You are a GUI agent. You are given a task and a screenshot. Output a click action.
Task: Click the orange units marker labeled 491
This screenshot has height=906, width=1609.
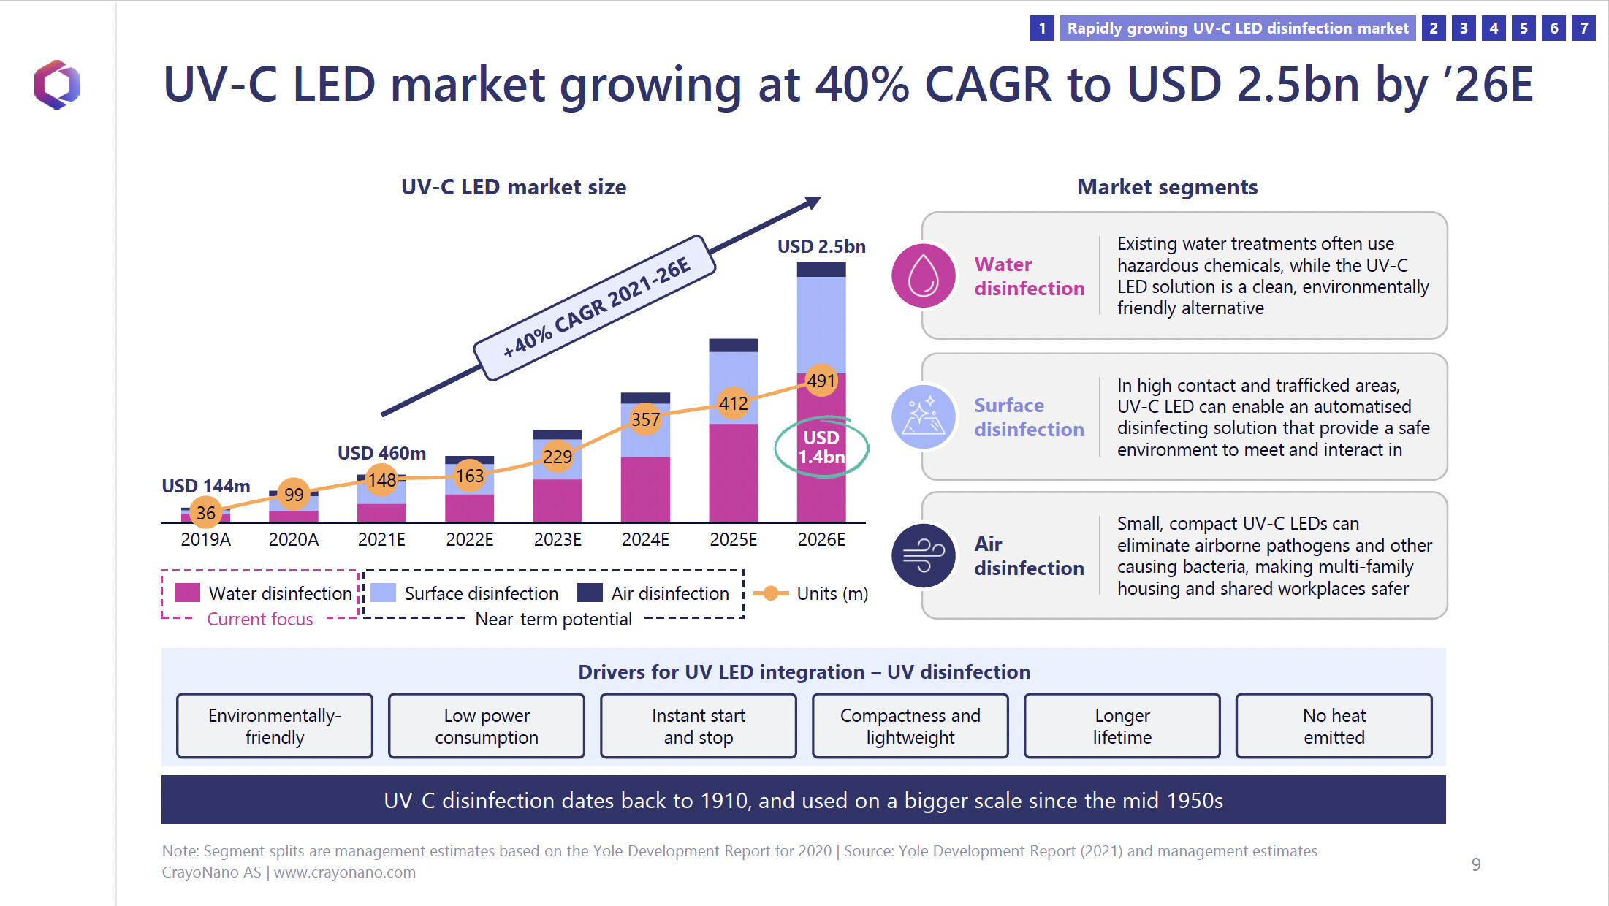pos(821,381)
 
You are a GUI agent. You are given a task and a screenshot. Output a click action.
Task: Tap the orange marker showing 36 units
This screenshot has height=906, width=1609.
pos(206,513)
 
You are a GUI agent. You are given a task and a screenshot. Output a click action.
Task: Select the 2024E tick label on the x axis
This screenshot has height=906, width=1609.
pos(645,540)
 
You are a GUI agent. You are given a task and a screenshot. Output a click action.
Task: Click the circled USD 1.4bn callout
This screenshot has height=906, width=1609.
pos(821,447)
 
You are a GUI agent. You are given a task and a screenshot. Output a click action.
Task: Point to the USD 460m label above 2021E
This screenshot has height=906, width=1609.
pos(381,453)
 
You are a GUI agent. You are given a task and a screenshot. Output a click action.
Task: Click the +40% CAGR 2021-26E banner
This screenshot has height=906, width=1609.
pos(595,308)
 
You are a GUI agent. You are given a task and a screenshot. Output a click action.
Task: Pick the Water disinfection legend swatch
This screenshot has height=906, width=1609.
pos(187,593)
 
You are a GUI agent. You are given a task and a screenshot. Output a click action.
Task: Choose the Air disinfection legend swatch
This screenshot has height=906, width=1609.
pos(589,593)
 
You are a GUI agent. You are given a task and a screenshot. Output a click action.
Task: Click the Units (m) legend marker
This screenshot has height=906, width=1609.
pos(771,593)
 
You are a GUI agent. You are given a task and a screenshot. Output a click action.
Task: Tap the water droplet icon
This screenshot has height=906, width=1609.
pos(924,275)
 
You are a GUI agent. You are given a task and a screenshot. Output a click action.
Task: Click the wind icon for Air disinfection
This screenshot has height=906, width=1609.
pos(924,556)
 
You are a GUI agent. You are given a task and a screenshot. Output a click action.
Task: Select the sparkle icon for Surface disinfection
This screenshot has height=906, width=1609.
pos(924,416)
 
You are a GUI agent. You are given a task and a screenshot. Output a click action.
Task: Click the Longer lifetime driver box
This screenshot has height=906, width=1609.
pos(1122,726)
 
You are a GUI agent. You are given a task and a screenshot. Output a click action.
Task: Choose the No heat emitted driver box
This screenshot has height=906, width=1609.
pos(1334,726)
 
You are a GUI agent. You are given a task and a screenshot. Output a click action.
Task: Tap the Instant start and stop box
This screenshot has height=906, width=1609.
pos(698,726)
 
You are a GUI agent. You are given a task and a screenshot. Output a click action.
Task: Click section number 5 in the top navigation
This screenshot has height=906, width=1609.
pos(1524,28)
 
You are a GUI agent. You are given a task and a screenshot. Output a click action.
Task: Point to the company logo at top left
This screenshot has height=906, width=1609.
pos(57,85)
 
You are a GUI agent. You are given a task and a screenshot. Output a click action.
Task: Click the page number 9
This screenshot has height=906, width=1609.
pos(1476,864)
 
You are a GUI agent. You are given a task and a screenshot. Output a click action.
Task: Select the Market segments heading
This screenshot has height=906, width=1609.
pos(1167,187)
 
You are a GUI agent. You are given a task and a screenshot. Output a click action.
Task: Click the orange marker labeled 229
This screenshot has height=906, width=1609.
pos(558,457)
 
